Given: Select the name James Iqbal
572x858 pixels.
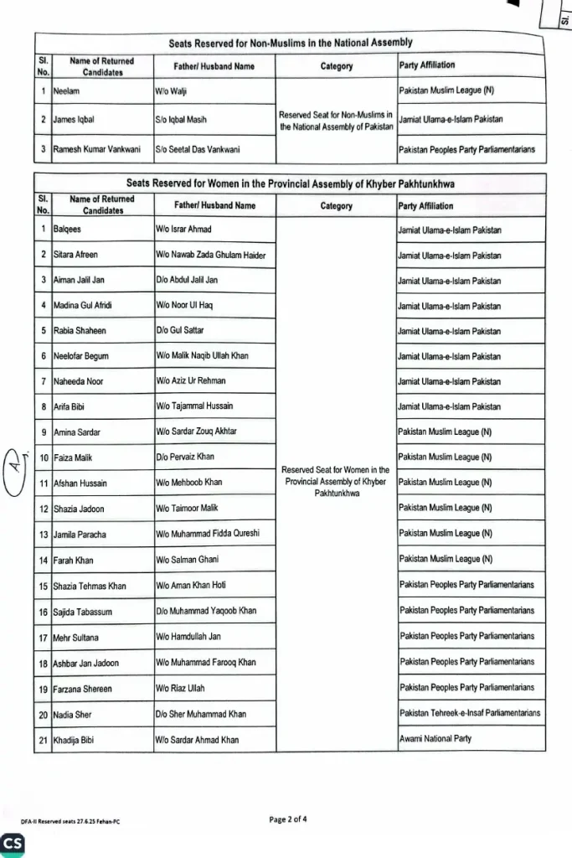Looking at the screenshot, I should [x=74, y=119].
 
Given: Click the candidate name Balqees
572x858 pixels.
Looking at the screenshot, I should [x=68, y=229].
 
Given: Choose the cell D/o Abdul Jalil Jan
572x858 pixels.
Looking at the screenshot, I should [x=187, y=280].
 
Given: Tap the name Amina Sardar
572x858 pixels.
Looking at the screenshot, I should [x=77, y=432].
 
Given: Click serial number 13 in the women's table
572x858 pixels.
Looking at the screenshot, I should [x=42, y=534].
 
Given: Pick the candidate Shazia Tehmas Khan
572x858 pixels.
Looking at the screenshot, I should [x=89, y=586].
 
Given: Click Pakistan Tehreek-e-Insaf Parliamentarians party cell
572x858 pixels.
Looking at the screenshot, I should [x=470, y=713].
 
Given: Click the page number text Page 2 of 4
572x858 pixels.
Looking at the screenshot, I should [x=289, y=819].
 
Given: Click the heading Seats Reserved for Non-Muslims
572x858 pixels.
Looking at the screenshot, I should [x=290, y=42].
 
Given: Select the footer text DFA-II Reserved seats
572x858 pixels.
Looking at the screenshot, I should [x=70, y=821].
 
